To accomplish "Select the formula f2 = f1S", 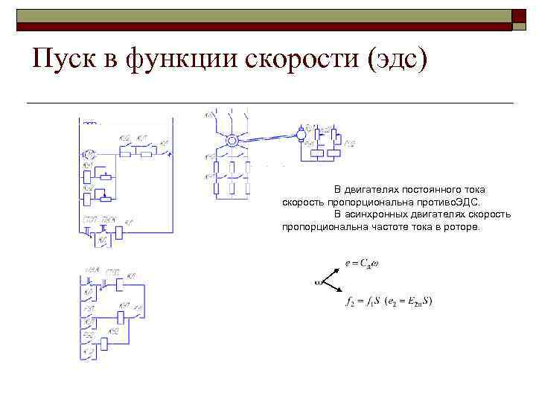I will (x=363, y=302).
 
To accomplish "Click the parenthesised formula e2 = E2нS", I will (x=409, y=302).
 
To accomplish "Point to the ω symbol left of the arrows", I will (x=318, y=283).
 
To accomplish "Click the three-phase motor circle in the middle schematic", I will (x=232, y=139).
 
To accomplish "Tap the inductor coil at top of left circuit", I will (x=92, y=122).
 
